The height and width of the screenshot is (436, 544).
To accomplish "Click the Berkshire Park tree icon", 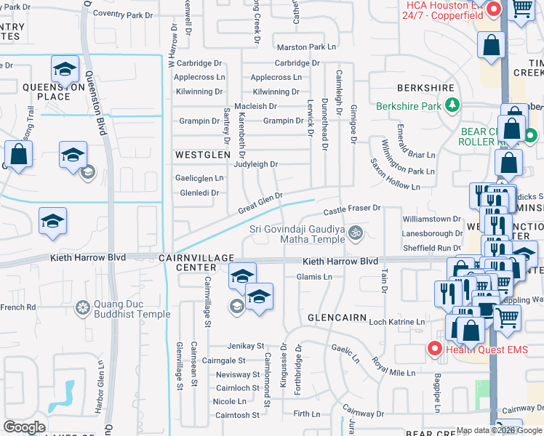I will (452, 106).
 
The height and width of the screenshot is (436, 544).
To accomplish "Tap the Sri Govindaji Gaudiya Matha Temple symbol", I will (356, 234).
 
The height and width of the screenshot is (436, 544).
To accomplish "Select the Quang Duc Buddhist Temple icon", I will (82, 308).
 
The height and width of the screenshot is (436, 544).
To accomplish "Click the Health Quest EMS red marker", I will (435, 349).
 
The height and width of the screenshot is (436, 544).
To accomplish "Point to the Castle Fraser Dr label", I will (352, 209).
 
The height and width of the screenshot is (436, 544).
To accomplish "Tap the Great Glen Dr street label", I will (260, 203).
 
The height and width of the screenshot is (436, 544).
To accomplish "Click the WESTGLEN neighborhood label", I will (201, 155).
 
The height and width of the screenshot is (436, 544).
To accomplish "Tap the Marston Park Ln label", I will (306, 47).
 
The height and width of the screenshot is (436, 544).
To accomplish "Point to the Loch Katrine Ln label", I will (396, 322).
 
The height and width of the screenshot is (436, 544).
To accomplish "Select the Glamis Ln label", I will (314, 277).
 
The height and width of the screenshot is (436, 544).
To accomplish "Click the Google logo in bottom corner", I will (24, 427).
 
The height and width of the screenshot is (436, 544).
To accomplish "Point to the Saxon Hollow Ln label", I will (395, 175).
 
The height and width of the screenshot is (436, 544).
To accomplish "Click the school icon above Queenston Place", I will (64, 69).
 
